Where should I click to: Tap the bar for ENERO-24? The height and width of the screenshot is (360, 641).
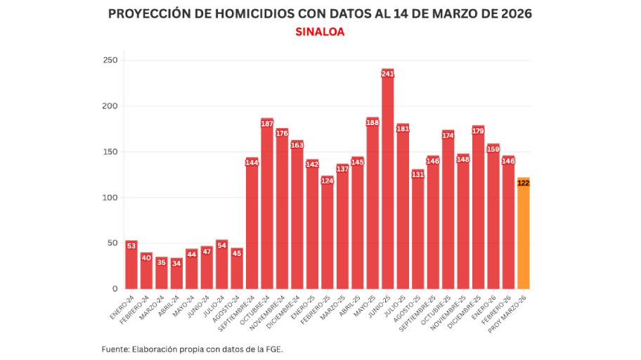131,267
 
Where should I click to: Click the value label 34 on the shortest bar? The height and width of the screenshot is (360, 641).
176,263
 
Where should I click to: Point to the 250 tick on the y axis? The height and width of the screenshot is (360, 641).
110,60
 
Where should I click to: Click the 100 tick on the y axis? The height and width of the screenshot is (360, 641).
110,198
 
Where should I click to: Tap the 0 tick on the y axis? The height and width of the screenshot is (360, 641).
115,289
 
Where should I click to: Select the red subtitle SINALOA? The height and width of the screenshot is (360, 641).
320,32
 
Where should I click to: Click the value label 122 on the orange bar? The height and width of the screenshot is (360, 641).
523,183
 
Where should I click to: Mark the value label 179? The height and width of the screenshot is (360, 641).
478,131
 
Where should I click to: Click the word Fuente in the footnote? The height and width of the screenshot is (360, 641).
116,349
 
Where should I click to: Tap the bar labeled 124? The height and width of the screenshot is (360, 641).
328,236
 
